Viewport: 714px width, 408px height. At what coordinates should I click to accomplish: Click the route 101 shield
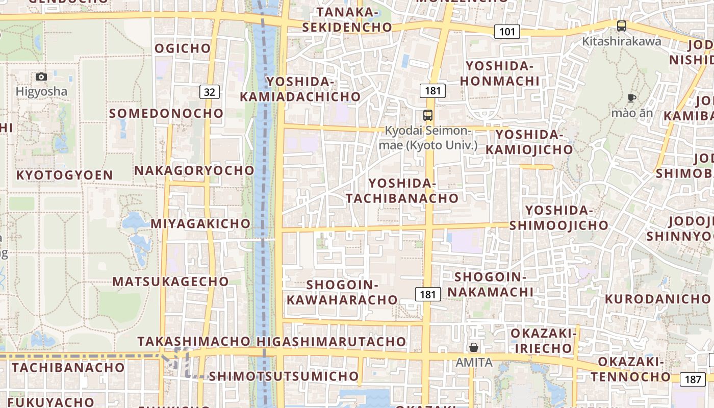coord(507,32)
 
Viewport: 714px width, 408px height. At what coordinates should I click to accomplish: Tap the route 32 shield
coord(210,92)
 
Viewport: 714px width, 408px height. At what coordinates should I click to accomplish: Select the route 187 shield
coord(693,379)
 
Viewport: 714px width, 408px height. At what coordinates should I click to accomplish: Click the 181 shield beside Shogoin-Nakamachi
coord(428,294)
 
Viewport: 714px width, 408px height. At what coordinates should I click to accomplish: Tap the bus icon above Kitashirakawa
coord(621,26)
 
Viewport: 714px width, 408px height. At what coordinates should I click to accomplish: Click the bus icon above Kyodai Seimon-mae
coord(428,115)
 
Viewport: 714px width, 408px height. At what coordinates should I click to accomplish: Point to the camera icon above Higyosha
coord(41,77)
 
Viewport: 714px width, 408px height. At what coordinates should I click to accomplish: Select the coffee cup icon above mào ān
coord(632,98)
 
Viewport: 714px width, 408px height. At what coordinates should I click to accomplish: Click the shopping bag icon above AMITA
coord(474,348)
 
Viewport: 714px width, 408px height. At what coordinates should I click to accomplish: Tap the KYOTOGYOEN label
coord(65,175)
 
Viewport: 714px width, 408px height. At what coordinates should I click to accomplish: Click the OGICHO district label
coord(183,48)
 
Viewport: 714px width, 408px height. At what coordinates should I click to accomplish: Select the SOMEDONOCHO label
coord(166,113)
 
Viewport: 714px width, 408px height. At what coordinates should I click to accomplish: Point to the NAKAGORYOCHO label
coord(194,170)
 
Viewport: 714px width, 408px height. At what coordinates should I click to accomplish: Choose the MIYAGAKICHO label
coord(200,223)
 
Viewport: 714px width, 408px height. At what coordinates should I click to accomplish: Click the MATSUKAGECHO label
coord(171,282)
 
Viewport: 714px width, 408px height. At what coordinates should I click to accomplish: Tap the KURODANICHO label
coord(658,299)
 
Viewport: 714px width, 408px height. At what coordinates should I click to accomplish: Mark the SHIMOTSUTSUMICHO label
coord(284,376)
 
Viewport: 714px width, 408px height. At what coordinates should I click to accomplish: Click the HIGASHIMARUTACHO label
coord(332,342)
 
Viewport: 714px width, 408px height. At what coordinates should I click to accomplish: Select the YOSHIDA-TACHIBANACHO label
coord(402,191)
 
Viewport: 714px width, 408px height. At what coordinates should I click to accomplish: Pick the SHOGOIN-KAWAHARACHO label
coord(342,292)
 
